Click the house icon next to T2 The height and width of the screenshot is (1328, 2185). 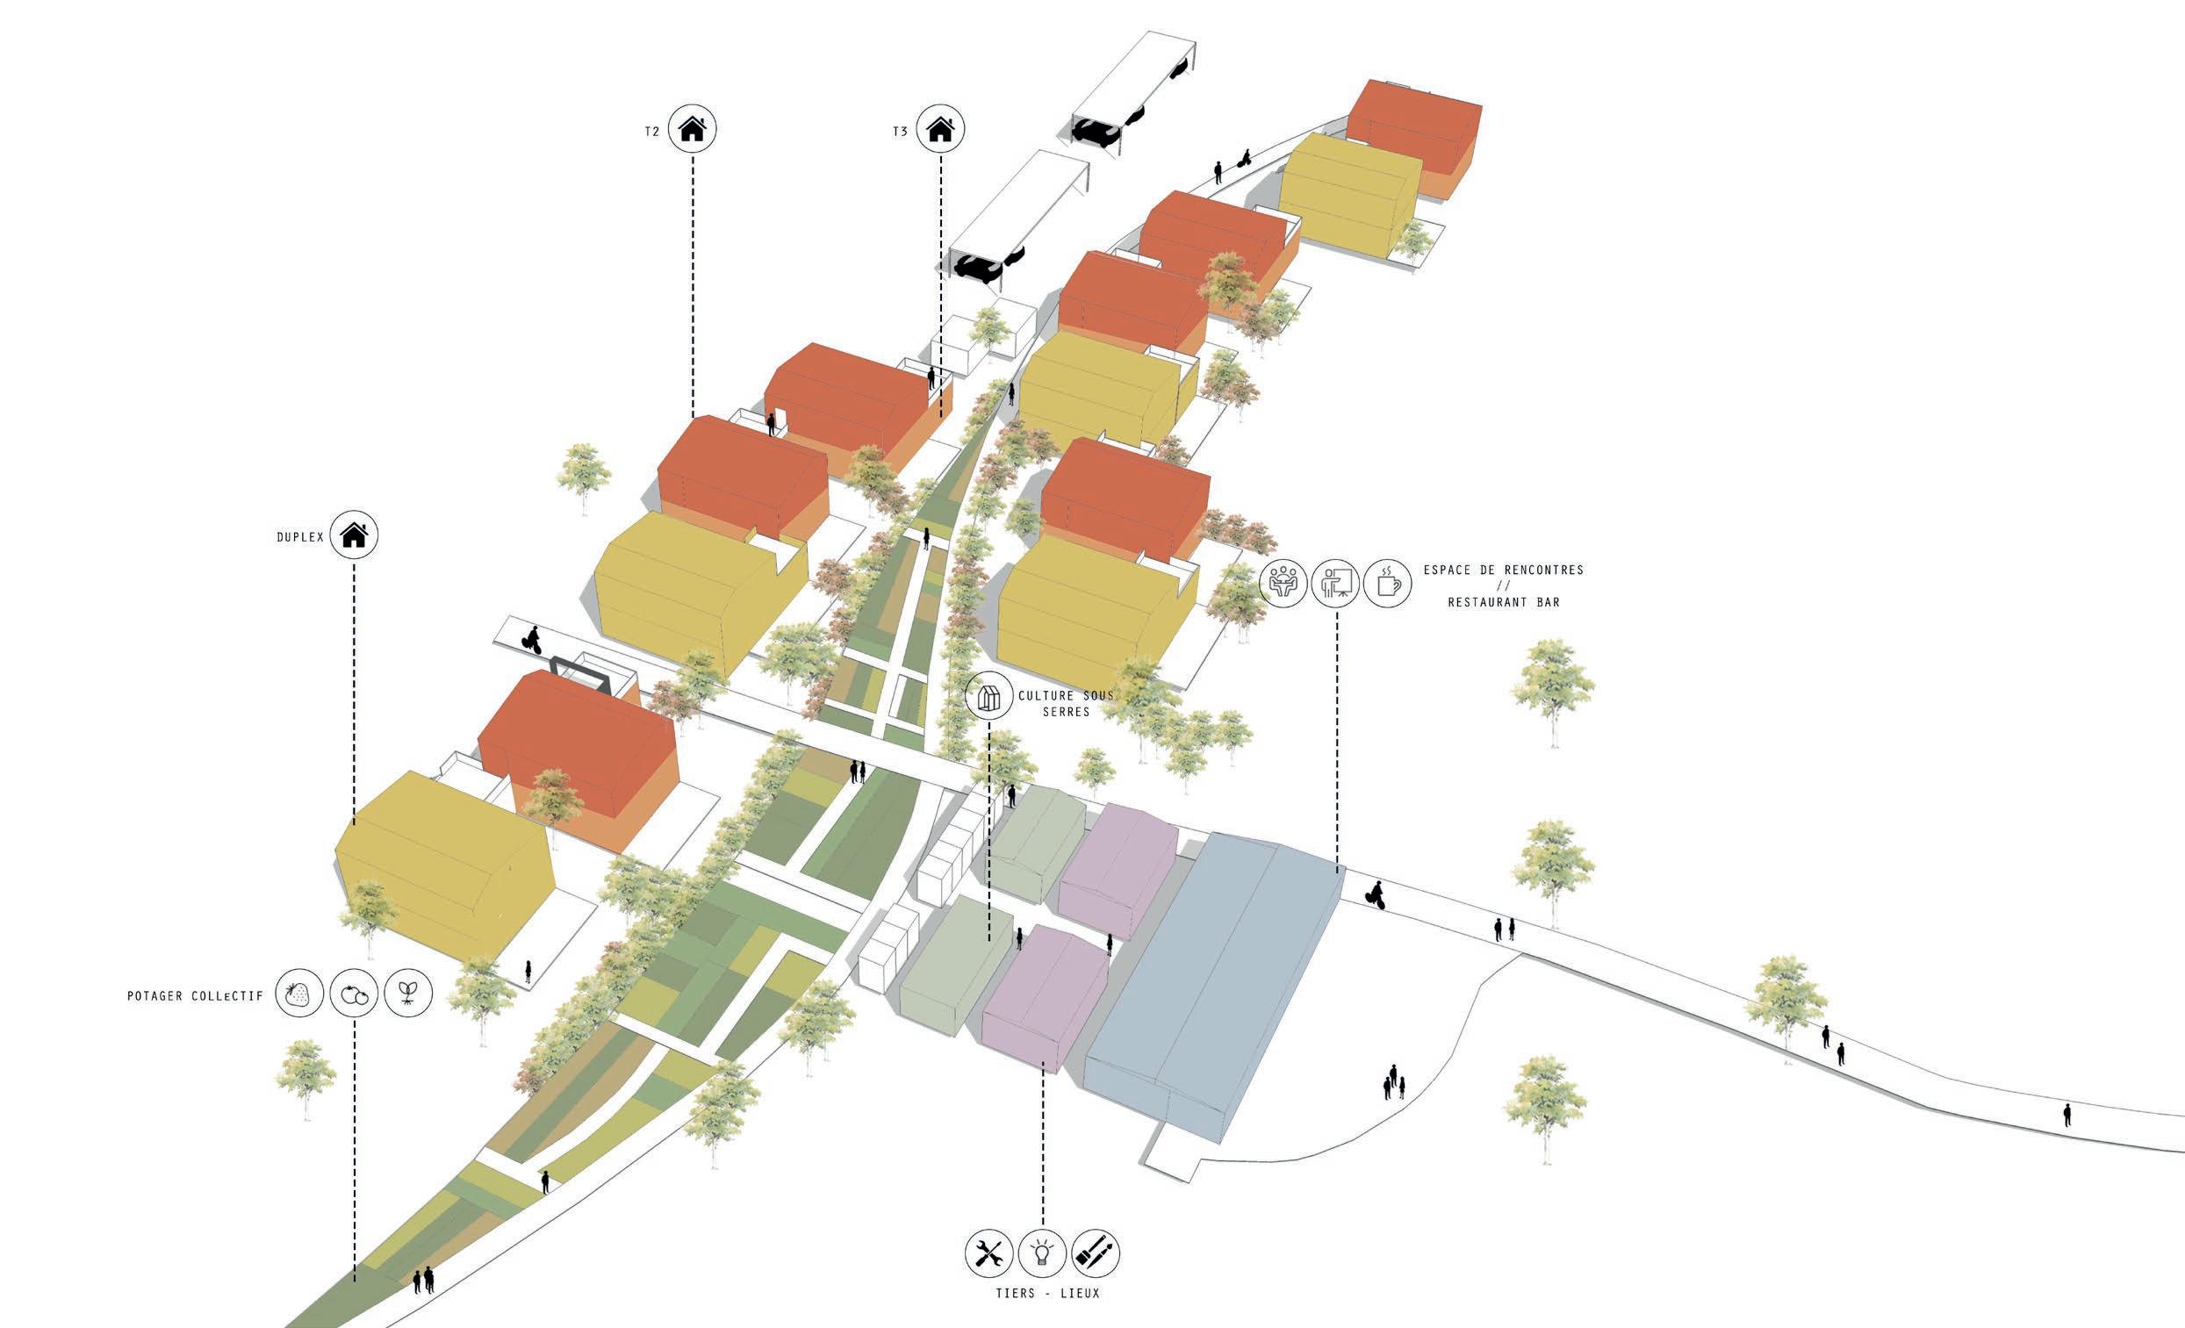[x=693, y=130]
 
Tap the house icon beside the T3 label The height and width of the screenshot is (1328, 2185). [x=940, y=130]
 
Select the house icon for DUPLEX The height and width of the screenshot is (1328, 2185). [x=354, y=535]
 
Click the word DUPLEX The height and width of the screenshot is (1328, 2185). [x=298, y=537]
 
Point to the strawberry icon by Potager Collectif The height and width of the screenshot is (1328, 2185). [x=298, y=994]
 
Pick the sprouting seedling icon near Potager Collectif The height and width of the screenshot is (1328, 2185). [x=408, y=994]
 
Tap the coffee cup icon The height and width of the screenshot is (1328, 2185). [x=1388, y=583]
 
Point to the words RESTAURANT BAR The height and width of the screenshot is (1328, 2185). [x=1503, y=602]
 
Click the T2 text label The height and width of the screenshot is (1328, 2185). [x=651, y=131]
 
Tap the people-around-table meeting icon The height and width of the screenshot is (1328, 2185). [x=1283, y=583]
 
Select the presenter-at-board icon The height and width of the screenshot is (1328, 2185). [x=1335, y=583]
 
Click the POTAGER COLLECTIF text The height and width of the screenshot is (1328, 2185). [x=195, y=996]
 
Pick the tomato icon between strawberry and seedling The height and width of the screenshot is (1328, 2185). [x=354, y=994]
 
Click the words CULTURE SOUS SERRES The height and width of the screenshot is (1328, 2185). [x=1065, y=703]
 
